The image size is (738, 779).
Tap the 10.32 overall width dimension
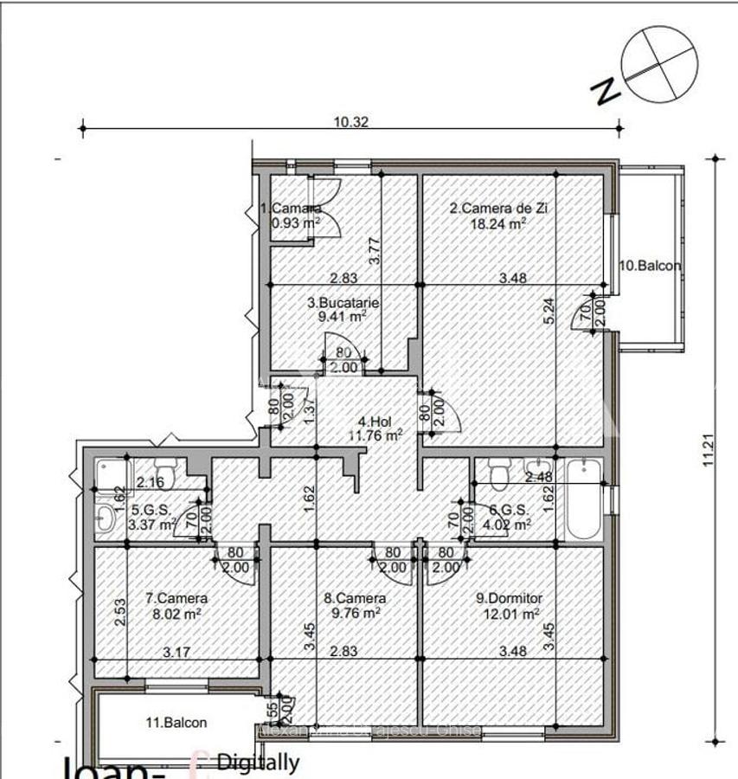click(x=351, y=122)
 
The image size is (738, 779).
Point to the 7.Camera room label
click(x=176, y=598)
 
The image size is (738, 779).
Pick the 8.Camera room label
click(x=355, y=598)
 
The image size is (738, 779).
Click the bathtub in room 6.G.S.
click(x=587, y=499)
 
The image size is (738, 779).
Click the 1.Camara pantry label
click(x=292, y=209)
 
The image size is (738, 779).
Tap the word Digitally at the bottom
click(x=258, y=763)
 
